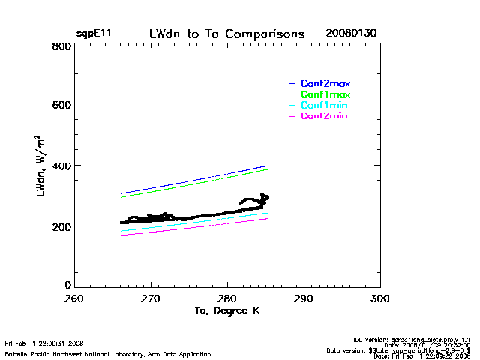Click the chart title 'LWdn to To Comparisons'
[226, 34]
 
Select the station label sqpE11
[94, 34]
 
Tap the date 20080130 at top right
[351, 34]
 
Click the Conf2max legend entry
[325, 83]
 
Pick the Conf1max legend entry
[325, 94]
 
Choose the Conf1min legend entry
[324, 106]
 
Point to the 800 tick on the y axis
[61, 46]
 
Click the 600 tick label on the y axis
[61, 105]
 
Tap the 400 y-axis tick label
[61, 166]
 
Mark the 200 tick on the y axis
[61, 226]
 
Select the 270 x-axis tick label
[151, 298]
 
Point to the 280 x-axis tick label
[227, 298]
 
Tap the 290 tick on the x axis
[304, 298]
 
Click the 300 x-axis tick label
[380, 298]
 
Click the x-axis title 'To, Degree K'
[226, 310]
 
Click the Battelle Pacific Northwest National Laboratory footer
[107, 353]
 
